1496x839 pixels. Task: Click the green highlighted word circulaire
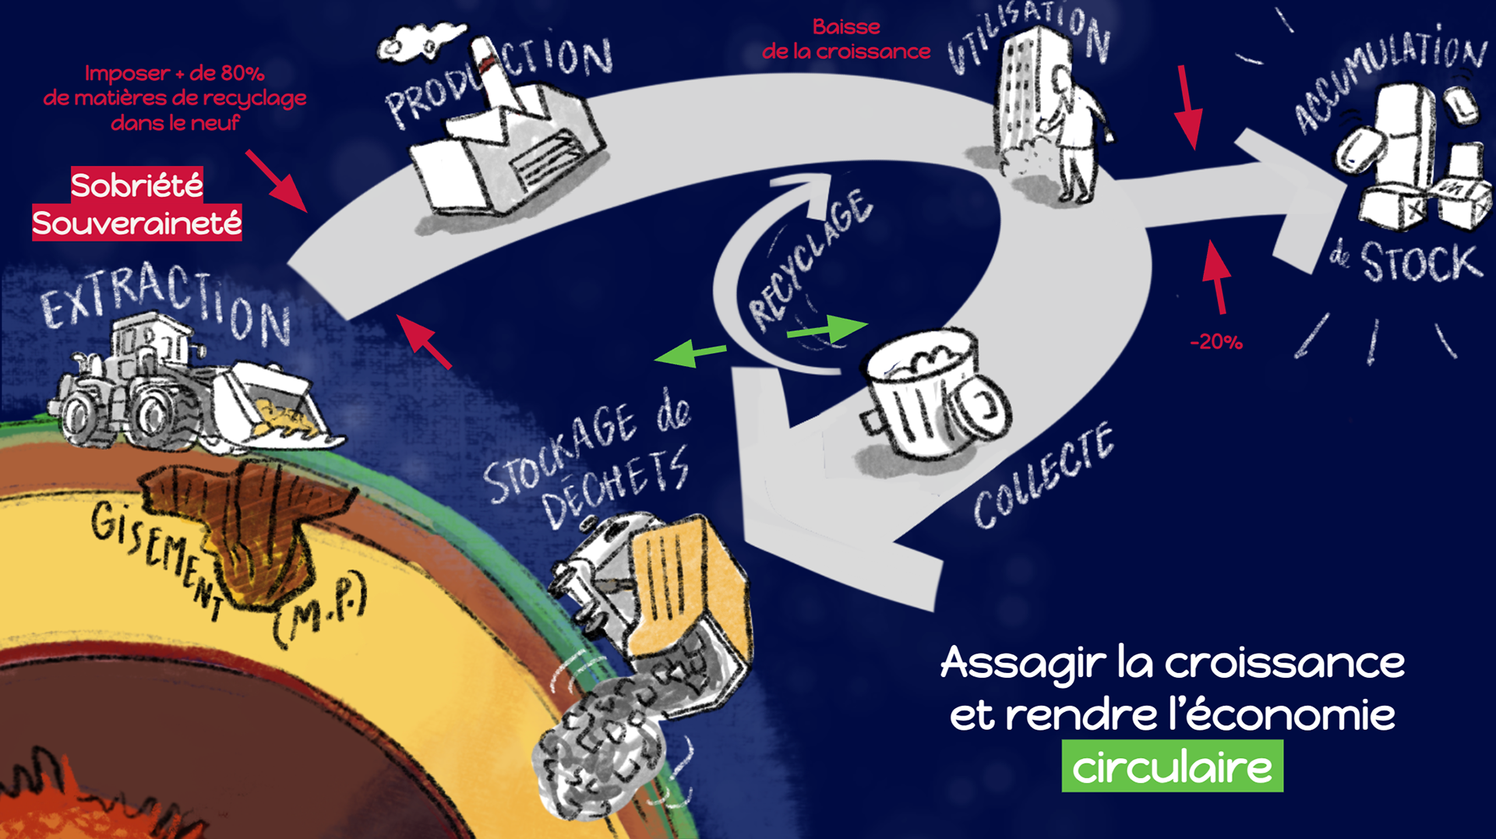1172,767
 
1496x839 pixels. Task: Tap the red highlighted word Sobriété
137,185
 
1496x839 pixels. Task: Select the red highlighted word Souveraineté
137,224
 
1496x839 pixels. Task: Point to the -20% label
1215,341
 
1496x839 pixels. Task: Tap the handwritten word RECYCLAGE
810,257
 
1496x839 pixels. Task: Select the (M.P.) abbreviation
319,612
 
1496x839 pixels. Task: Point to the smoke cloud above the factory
421,43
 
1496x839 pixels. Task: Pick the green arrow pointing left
690,353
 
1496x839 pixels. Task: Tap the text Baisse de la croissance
846,39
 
